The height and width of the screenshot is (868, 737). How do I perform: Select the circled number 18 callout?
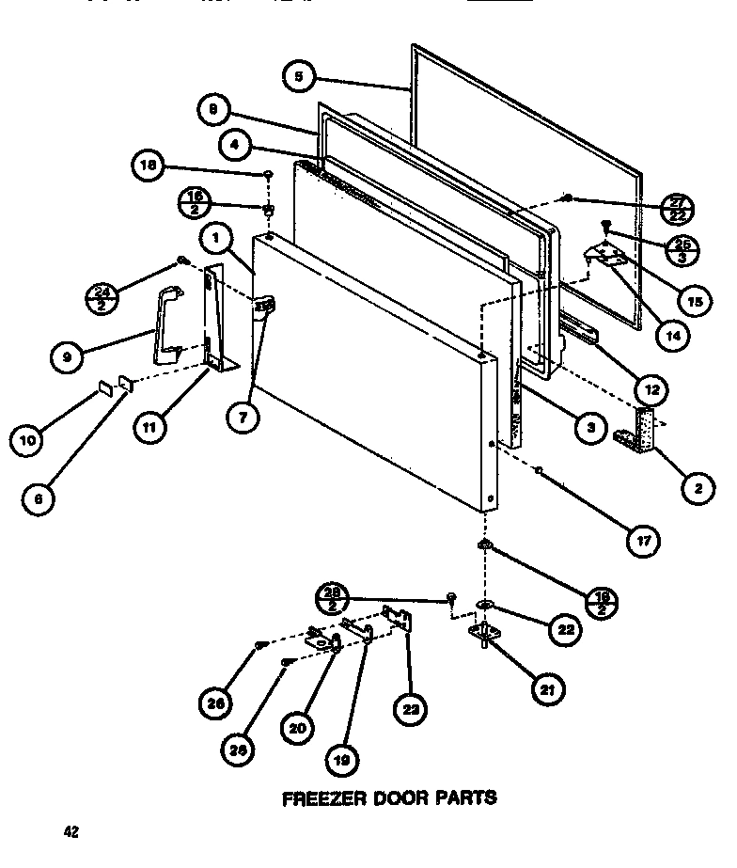pyautogui.click(x=146, y=167)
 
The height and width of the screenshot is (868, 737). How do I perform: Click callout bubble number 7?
pyautogui.click(x=242, y=418)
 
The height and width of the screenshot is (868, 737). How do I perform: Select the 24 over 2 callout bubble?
pyautogui.click(x=107, y=295)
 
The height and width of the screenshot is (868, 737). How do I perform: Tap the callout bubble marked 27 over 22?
pyautogui.click(x=677, y=207)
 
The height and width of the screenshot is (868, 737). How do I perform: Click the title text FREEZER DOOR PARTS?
pyautogui.click(x=390, y=798)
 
